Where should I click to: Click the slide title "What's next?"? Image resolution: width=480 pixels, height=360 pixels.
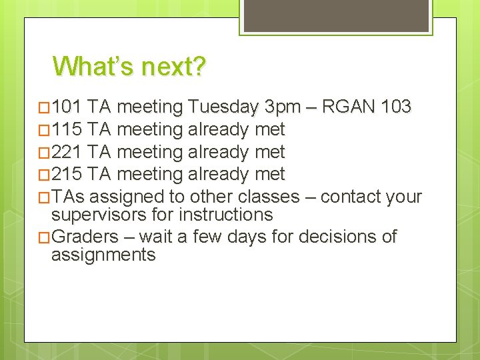pos(130,67)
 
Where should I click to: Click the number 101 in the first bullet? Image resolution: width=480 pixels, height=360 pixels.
pos(67,107)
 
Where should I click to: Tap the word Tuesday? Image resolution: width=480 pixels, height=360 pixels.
pos(223,107)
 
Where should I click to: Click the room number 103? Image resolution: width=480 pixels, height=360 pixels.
pos(397,107)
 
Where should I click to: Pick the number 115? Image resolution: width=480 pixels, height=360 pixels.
pos(67,129)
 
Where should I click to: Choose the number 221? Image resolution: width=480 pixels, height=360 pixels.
pos(67,152)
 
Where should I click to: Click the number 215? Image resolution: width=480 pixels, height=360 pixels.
pos(67,175)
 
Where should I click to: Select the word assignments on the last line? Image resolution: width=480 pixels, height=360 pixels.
pos(103,255)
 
